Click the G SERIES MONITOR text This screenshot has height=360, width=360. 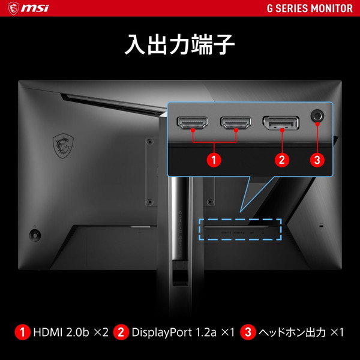click(310, 9)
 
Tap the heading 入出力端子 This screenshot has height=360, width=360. click(179, 46)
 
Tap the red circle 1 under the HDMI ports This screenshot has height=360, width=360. click(214, 160)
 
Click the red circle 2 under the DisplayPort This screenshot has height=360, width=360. click(281, 160)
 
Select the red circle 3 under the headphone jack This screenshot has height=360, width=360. click(317, 160)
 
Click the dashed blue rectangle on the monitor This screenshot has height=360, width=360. click(240, 230)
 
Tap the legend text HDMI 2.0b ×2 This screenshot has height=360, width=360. click(71, 332)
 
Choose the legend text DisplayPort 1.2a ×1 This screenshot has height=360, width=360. click(182, 332)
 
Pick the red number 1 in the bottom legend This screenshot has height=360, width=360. click(23, 332)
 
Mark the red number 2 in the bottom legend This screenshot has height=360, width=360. click(121, 332)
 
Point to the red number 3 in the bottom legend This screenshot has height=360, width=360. click(247, 332)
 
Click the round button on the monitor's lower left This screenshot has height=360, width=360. click(35, 233)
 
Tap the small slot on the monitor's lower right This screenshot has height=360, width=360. click(320, 226)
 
